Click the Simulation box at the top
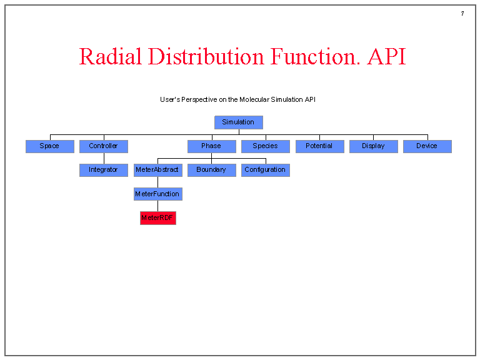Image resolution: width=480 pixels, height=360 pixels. (238, 122)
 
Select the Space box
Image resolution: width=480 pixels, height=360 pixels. (49, 146)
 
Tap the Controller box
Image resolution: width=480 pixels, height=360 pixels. (103, 146)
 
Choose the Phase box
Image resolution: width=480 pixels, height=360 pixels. (211, 146)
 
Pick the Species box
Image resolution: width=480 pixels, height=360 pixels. (265, 146)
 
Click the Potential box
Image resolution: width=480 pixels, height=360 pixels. (319, 146)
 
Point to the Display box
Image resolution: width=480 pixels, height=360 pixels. (373, 146)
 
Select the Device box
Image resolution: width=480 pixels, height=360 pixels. (427, 146)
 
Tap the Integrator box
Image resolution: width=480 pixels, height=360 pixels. (103, 170)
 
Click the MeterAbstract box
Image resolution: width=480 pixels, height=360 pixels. (157, 170)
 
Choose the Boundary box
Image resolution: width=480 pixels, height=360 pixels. (211, 170)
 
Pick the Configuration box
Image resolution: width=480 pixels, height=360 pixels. (265, 170)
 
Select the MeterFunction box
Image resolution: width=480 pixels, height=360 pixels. (157, 194)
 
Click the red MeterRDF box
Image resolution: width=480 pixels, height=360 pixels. (157, 218)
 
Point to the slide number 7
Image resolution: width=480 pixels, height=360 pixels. (462, 14)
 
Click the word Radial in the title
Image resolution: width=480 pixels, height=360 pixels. (110, 57)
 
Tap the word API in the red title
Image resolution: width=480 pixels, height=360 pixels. (386, 57)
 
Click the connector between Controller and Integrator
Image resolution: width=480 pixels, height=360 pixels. (104, 158)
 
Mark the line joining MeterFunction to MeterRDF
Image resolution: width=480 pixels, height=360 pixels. (157, 206)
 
